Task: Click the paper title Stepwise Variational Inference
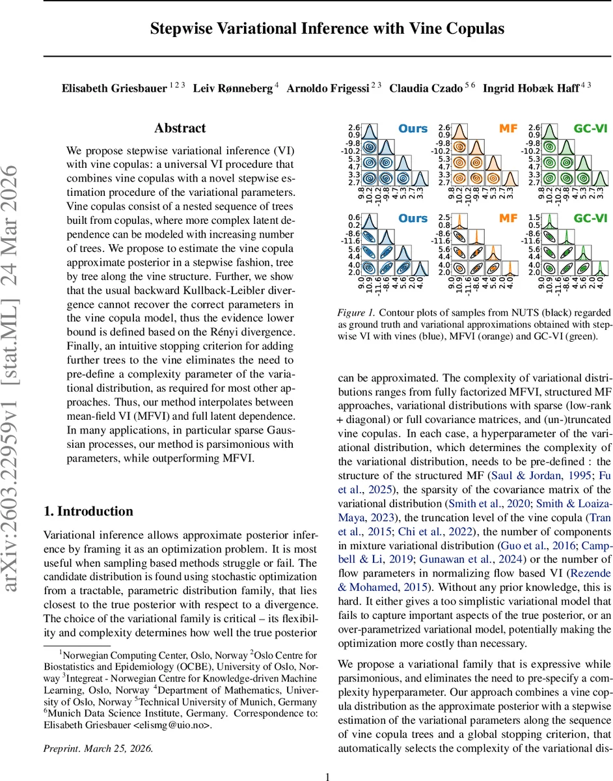(x=327, y=29)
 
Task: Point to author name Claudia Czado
(x=422, y=88)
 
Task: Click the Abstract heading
(x=180, y=128)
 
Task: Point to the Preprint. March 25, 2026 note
(x=98, y=748)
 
